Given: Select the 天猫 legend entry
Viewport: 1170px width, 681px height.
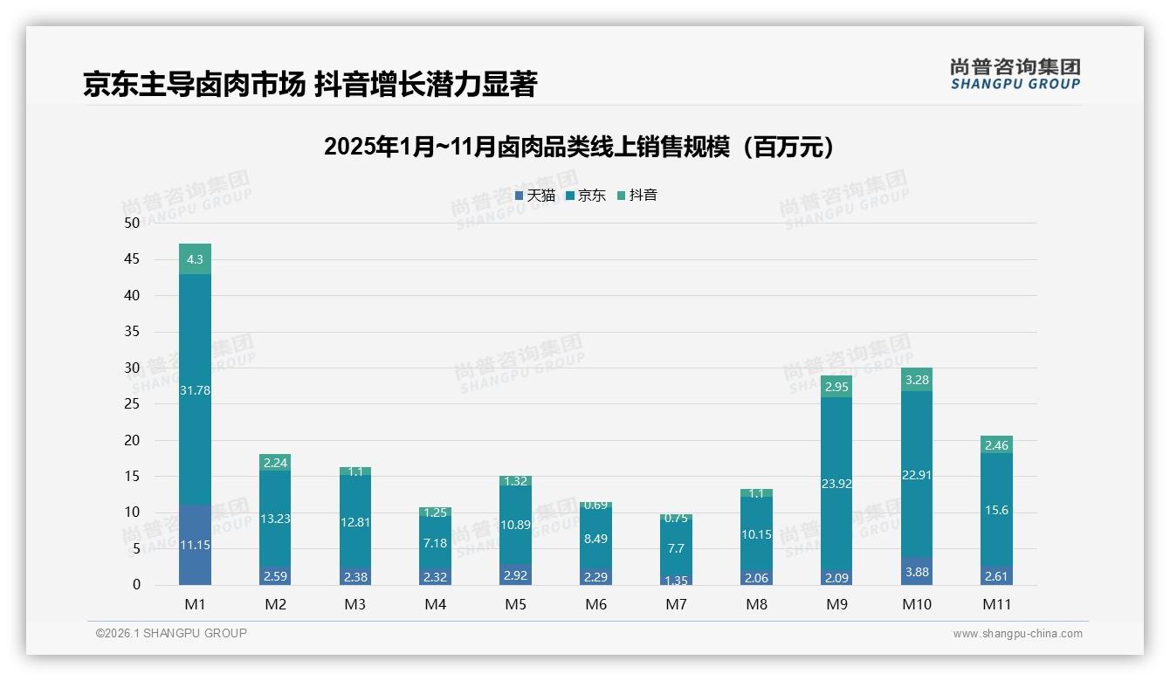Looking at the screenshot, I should coord(535,196).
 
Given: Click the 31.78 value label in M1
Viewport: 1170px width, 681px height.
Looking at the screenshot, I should coord(195,390).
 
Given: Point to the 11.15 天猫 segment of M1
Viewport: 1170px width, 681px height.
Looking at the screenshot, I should coord(195,545).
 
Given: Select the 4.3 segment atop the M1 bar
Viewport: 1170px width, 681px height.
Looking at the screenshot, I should coord(195,259).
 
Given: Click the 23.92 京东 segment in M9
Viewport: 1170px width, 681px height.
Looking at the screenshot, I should coord(836,483).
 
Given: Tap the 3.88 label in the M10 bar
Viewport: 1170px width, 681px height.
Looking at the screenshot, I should coord(917,571).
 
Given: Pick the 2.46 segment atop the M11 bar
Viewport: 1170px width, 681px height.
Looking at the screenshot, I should coord(996,445).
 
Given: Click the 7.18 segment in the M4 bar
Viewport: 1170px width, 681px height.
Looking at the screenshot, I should coord(436,543).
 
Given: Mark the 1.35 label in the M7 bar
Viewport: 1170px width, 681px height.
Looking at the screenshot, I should coord(677,580).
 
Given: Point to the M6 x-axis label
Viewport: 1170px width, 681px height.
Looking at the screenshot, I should coord(596,604).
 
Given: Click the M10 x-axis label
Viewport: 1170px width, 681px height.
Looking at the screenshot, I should coord(917,604).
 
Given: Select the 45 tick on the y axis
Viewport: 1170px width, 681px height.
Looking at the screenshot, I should coord(132,259).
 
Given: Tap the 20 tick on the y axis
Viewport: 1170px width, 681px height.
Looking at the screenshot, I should coord(132,440).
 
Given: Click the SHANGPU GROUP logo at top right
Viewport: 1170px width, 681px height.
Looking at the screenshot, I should coord(1015,74).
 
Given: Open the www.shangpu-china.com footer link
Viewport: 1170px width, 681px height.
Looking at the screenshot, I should coord(1017,634).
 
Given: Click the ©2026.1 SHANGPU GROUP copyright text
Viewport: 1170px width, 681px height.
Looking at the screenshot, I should coord(171,633).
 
